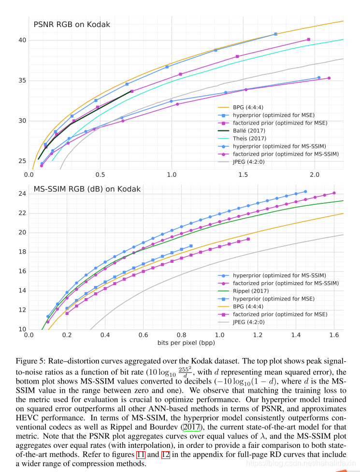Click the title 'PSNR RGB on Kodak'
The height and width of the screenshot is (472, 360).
[72, 24]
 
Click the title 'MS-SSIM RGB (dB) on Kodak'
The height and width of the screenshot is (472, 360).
[87, 189]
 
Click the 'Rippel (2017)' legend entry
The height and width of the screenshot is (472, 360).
[251, 291]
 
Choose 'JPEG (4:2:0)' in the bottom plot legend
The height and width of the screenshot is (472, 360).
[249, 322]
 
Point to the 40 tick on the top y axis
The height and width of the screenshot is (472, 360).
[22, 40]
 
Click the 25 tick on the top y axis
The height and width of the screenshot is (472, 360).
[22, 161]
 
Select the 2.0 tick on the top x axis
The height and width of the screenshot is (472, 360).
[315, 173]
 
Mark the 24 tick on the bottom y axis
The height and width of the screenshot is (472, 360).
[22, 194]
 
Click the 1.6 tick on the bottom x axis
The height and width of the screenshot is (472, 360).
[333, 334]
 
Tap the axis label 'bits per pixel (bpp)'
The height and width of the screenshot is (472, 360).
[186, 343]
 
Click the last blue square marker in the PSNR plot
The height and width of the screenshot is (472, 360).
[276, 34]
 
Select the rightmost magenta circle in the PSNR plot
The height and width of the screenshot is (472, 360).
[329, 78]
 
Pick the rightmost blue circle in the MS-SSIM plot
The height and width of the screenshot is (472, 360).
[305, 191]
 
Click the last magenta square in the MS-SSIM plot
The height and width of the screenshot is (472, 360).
[248, 239]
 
